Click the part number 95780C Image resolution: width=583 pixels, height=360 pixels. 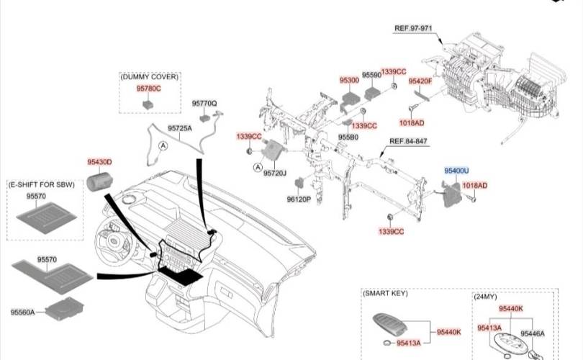click(x=149, y=88)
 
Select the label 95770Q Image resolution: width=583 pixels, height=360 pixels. click(x=204, y=104)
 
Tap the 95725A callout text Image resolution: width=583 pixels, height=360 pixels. click(x=180, y=128)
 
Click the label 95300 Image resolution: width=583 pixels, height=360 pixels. click(x=349, y=80)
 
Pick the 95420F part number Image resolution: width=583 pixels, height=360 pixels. click(x=420, y=81)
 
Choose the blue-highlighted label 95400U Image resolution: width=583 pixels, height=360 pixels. click(x=456, y=171)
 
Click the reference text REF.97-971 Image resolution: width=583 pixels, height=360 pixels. click(x=412, y=28)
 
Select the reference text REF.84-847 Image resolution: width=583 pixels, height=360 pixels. click(x=408, y=141)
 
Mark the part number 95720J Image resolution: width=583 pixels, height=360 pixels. click(x=275, y=173)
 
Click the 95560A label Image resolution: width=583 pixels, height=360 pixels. click(x=22, y=312)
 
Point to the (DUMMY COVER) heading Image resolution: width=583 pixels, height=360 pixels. click(x=150, y=76)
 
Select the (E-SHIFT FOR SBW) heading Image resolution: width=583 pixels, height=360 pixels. click(x=40, y=185)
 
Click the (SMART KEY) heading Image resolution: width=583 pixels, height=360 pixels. click(x=385, y=294)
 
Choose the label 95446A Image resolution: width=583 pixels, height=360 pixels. click(x=533, y=334)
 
